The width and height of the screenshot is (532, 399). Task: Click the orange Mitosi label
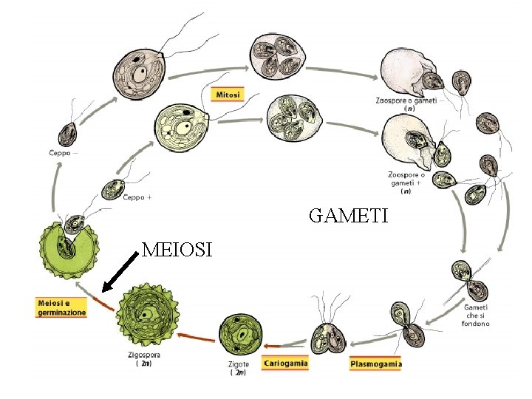[228, 95]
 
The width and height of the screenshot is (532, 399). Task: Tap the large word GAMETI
[347, 216]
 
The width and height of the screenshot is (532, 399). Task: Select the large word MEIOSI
[177, 250]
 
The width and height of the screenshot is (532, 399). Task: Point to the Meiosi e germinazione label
[61, 307]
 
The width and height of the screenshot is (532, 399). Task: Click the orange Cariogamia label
[284, 363]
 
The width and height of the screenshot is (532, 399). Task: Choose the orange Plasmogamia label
[375, 364]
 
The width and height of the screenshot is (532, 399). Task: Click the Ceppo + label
[138, 197]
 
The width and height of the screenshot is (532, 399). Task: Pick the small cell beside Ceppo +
[113, 188]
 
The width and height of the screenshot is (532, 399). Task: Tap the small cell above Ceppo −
[69, 133]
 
